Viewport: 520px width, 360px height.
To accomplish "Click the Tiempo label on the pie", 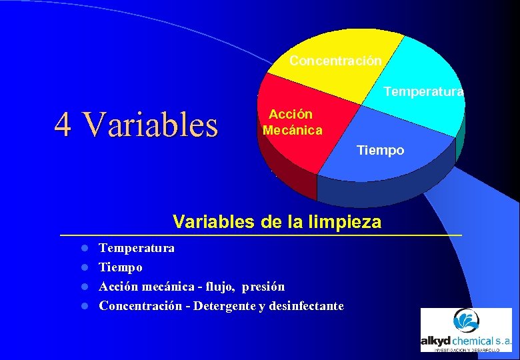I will click(x=380, y=151).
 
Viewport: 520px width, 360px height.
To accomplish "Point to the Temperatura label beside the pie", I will click(x=423, y=92).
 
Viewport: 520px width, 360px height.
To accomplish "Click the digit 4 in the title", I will click(x=63, y=124).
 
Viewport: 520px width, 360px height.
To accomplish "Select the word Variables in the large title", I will click(x=152, y=124).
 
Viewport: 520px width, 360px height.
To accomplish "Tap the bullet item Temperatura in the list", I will click(x=137, y=248).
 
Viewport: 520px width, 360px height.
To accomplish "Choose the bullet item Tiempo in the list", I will click(x=121, y=267).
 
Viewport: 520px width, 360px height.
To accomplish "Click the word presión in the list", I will click(x=263, y=287).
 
